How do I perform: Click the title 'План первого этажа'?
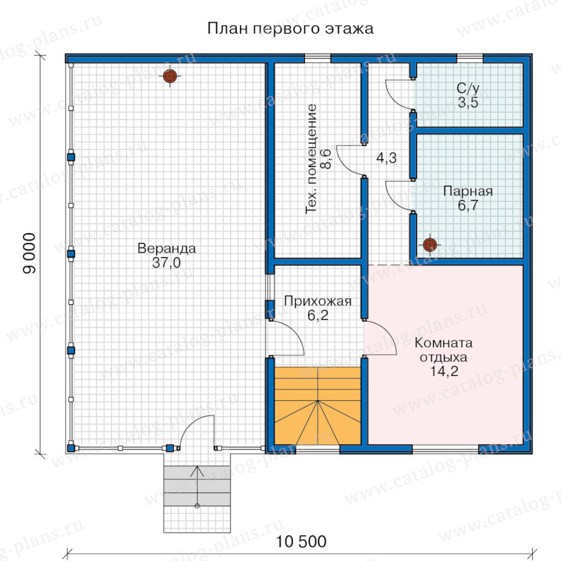tap(290, 29)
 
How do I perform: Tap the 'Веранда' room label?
tap(166, 248)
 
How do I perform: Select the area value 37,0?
tap(166, 262)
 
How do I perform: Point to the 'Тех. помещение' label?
tap(311, 159)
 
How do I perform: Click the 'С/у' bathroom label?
tap(468, 89)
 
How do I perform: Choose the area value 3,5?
tap(468, 103)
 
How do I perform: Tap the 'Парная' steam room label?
tap(468, 191)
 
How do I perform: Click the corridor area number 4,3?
tap(386, 158)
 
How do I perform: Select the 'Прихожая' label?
tap(318, 301)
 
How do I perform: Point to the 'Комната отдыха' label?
tap(444, 350)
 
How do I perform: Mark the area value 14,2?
tap(444, 372)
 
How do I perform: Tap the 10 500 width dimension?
tap(301, 541)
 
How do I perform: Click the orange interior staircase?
tap(317, 406)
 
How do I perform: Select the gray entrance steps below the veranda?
tap(197, 486)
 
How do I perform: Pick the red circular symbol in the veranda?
tap(170, 76)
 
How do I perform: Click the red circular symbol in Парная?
tap(429, 245)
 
